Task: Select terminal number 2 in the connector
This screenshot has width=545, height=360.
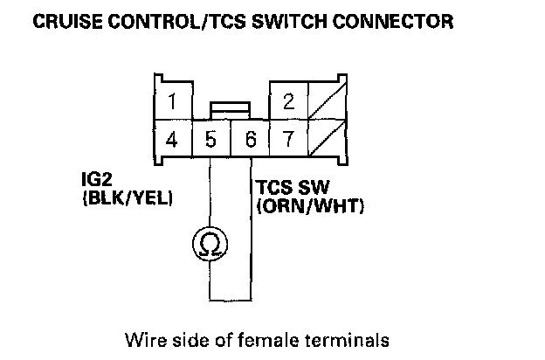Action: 288,101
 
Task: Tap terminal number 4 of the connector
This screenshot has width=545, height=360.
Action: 173,138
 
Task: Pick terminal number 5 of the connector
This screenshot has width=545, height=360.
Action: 210,138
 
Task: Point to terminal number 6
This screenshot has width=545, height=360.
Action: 250,138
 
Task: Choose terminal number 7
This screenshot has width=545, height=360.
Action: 288,138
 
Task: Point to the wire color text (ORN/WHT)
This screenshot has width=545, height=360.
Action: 310,207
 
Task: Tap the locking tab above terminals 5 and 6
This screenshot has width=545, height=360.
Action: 231,108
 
